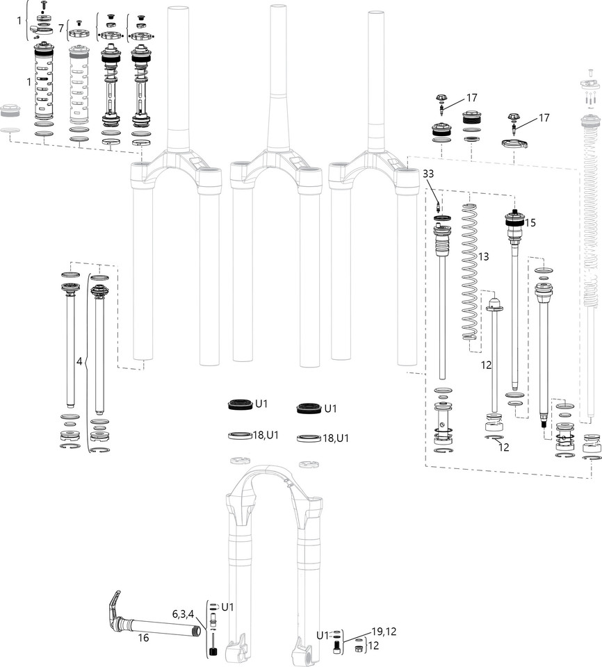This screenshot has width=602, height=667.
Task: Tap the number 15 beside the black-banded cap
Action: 531,224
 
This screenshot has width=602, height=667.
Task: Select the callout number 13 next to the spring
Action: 483,256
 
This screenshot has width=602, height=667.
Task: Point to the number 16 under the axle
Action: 143,637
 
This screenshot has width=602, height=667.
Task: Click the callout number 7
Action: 61,28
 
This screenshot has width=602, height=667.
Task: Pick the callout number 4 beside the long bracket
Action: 79,361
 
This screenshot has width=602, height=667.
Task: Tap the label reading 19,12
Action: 384,631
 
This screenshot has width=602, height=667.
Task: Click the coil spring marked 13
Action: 472,278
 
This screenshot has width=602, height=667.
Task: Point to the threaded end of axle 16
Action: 197,631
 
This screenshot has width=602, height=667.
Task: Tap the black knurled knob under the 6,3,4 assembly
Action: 214,652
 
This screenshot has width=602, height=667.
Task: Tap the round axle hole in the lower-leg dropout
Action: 308,655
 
